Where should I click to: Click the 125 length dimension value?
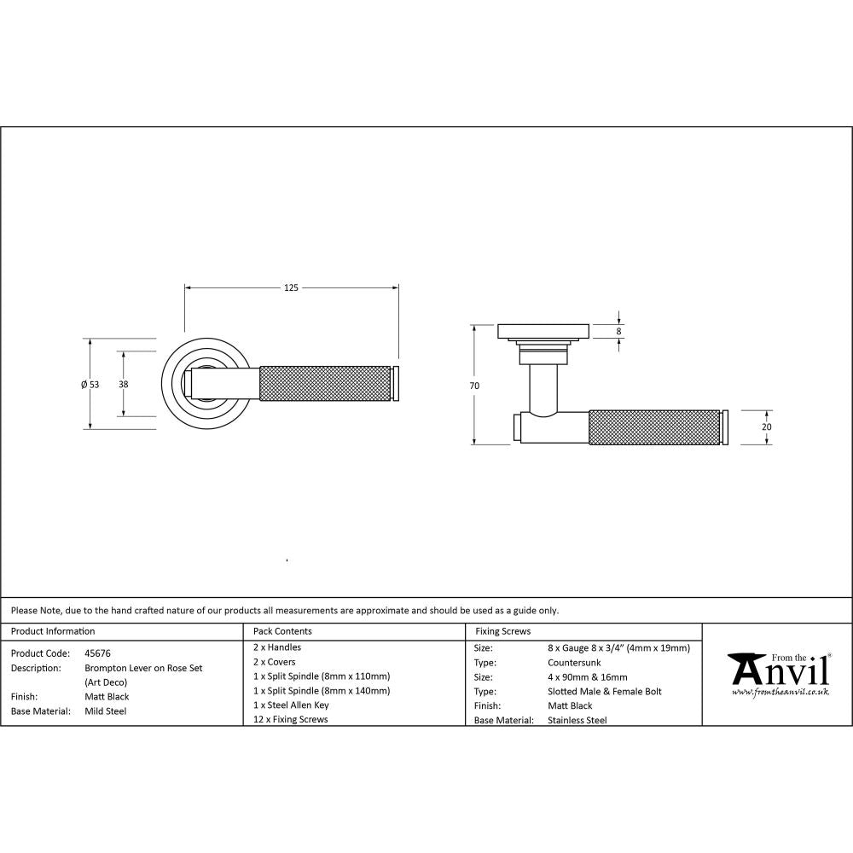tap(291, 288)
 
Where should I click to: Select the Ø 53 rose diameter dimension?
tap(90, 385)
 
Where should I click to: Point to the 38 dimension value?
tap(124, 385)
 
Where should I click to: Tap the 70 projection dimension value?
tap(474, 386)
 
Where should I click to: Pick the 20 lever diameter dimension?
tap(766, 426)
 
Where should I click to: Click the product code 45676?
tap(97, 653)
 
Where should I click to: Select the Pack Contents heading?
tap(282, 631)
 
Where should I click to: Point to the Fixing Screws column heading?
tap(502, 631)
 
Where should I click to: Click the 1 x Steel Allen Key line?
tap(291, 705)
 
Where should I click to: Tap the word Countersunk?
tap(576, 662)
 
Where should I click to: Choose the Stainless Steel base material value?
tap(577, 721)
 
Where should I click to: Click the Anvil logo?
tap(778, 674)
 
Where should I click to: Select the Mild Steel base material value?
tap(105, 711)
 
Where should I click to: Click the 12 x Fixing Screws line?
tap(290, 720)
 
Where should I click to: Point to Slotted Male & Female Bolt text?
tap(604, 692)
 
